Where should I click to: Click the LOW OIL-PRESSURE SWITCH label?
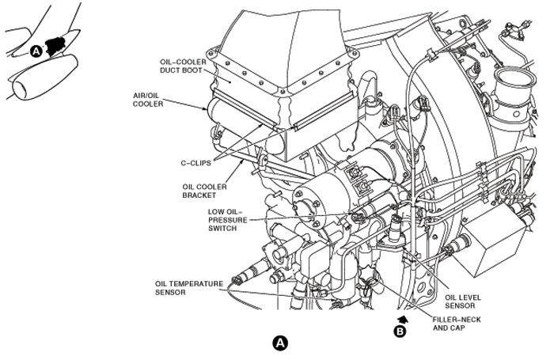pos(227,219)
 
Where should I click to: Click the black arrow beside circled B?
pos(402,318)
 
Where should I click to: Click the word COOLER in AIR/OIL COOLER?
pos(149,104)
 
